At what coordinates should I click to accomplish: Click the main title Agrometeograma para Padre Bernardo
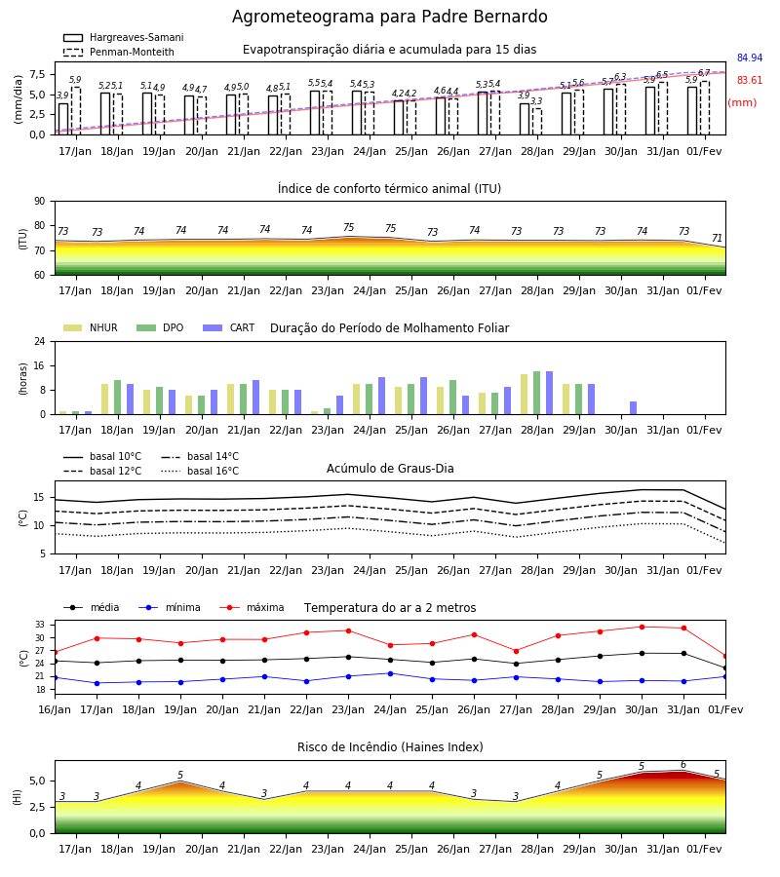click(x=389, y=17)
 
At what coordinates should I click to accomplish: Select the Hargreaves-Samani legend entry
click(x=123, y=37)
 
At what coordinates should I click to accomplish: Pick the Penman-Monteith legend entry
click(x=119, y=52)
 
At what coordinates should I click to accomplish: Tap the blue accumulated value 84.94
click(x=750, y=57)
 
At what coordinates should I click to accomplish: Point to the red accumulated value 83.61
click(x=750, y=80)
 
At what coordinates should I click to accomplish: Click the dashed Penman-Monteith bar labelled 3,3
click(x=536, y=122)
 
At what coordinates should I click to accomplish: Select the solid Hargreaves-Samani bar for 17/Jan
click(x=63, y=119)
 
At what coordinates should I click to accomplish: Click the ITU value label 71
click(x=717, y=239)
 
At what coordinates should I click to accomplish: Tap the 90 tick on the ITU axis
click(x=39, y=202)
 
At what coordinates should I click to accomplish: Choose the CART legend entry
click(x=229, y=327)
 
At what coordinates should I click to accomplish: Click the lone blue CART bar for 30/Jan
click(x=633, y=407)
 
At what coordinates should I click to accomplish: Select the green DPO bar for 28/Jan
click(x=536, y=393)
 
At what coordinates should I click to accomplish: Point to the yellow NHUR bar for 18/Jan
click(x=104, y=399)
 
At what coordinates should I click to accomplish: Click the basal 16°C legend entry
click(x=200, y=471)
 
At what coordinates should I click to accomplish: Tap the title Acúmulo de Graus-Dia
click(x=390, y=468)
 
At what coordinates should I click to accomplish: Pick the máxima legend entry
click(x=252, y=607)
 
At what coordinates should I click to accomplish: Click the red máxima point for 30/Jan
click(x=642, y=627)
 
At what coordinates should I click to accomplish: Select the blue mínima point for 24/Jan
click(x=390, y=673)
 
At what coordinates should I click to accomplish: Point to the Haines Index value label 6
click(x=683, y=765)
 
